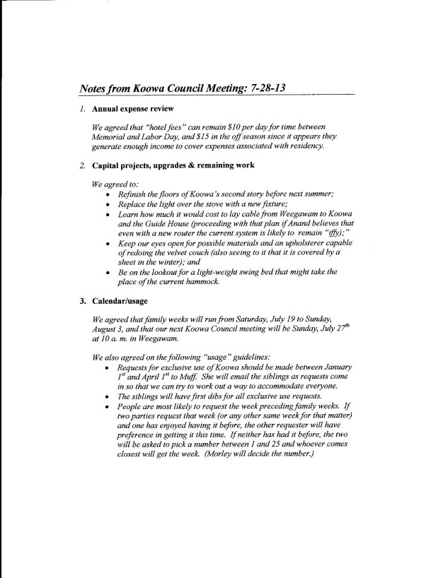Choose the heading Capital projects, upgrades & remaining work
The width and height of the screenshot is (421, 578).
tap(169, 165)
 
